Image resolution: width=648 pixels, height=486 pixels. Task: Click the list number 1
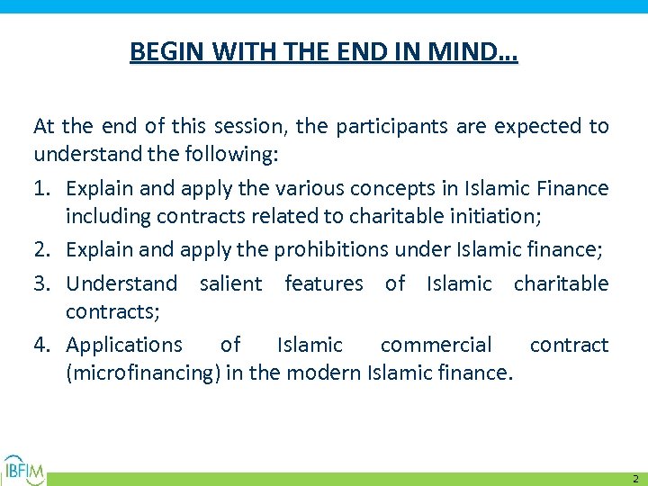coord(41,188)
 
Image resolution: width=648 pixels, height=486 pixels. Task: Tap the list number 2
coord(41,249)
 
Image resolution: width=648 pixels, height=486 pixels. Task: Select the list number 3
coord(41,283)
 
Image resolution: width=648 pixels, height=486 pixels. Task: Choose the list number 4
coord(41,345)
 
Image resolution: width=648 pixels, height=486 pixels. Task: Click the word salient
coord(230,283)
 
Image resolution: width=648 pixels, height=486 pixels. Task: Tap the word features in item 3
coord(324,283)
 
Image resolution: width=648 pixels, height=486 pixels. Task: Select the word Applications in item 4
coord(124,345)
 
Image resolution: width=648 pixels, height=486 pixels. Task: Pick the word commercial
coord(436,345)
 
